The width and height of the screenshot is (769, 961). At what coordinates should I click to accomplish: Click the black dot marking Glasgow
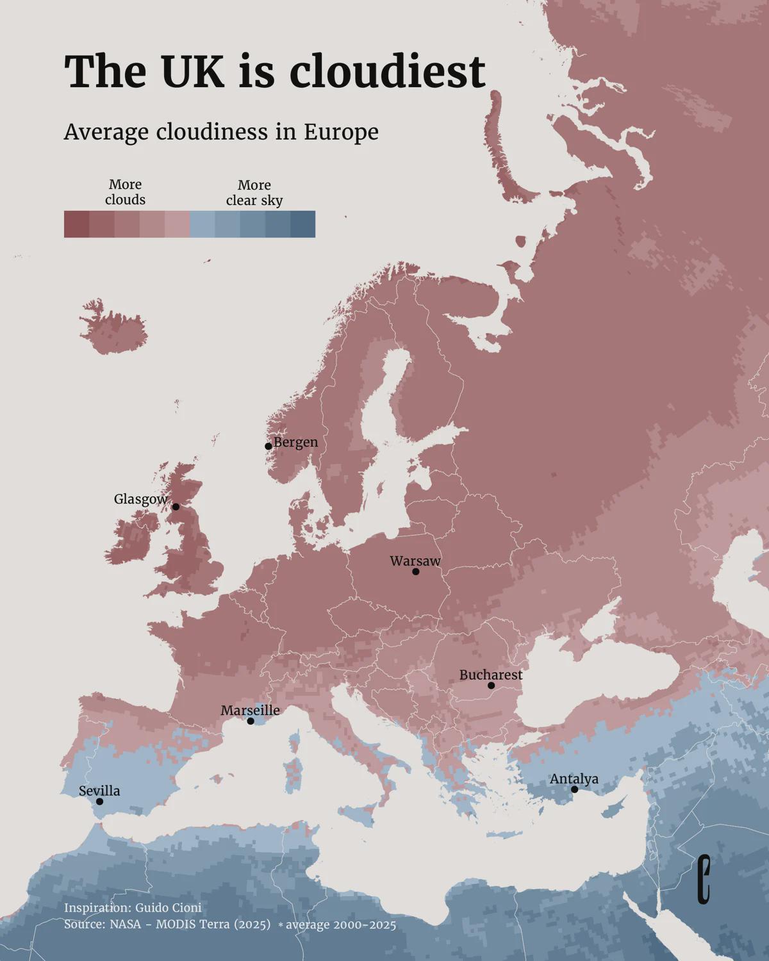[x=176, y=507]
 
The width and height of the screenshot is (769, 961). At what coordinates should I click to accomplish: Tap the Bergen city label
[x=295, y=442]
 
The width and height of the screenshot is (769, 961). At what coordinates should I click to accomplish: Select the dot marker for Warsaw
[x=415, y=571]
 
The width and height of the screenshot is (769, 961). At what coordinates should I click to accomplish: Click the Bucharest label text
[x=491, y=675]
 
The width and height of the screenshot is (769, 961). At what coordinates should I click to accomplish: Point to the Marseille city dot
[x=251, y=721]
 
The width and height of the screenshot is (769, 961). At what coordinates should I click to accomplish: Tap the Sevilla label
[x=99, y=791]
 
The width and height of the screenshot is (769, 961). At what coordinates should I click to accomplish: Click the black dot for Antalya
[x=574, y=789]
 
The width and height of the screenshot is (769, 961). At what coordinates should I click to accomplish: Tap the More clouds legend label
[x=125, y=192]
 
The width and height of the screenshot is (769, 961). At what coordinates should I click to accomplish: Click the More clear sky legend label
[x=254, y=192]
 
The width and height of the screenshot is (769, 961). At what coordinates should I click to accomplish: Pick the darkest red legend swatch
[x=76, y=224]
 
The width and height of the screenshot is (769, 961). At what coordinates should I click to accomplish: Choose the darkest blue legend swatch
[x=303, y=224]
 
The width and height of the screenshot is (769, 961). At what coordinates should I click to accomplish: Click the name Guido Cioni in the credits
[x=168, y=908]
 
